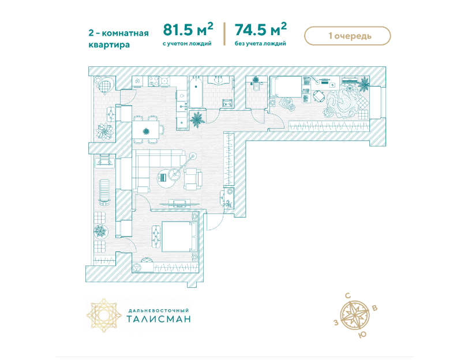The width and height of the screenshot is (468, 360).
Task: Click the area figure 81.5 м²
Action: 188,29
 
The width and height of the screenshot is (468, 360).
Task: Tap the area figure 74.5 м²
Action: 261,29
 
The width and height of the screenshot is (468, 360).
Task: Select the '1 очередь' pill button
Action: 347,36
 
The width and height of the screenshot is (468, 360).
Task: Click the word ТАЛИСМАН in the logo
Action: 159,319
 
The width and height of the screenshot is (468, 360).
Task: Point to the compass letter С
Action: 348,296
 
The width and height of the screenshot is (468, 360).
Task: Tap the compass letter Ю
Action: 362,335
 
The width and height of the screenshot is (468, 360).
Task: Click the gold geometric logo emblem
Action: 104,315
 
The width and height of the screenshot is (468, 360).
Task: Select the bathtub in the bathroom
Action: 196,92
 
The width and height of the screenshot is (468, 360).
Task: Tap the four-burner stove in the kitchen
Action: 154,81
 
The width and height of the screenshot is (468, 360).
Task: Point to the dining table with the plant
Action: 146,130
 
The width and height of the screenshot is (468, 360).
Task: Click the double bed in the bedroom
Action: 179,236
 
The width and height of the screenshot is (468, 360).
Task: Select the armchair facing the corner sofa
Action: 193,179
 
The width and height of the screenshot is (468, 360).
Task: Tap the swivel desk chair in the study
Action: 319,97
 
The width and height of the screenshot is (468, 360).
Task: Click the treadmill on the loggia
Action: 104,193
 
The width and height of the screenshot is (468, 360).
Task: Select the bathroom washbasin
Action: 219,80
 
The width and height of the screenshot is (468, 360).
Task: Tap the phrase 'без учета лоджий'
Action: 260,44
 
